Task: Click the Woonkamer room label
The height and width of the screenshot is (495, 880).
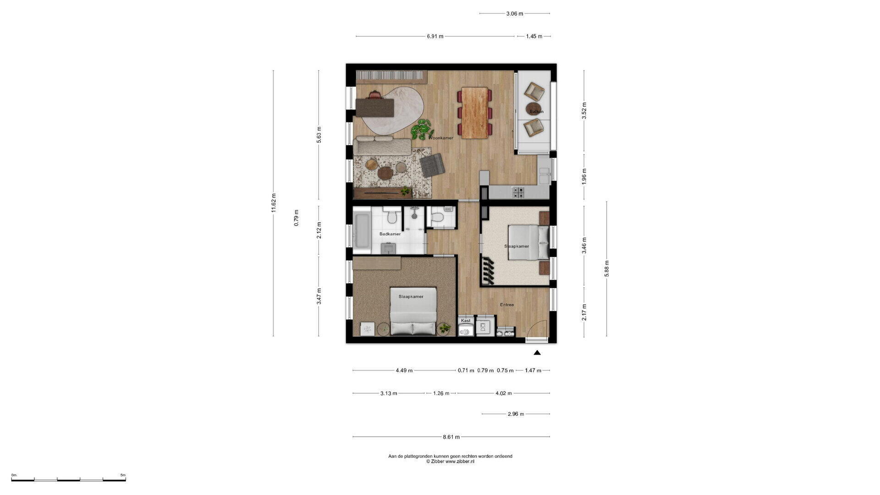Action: tap(441, 138)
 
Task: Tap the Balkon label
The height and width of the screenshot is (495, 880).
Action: tap(537, 112)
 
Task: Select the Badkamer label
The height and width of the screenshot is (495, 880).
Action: tap(390, 234)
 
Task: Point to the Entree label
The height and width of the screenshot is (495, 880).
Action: tap(507, 305)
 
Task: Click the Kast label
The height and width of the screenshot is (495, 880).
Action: tap(466, 321)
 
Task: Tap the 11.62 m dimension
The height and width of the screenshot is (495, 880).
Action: tap(274, 203)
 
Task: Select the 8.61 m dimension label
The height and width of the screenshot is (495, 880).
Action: tap(451, 437)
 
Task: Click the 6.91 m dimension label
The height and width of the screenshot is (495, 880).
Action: tap(435, 36)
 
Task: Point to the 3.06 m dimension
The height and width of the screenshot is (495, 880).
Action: tap(515, 14)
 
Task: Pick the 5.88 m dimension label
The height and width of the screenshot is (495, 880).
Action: tap(607, 268)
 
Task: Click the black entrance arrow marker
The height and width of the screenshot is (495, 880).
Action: tap(537, 352)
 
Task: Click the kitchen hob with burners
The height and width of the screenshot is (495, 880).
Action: tap(518, 192)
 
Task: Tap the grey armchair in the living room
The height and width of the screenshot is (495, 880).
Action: tap(432, 165)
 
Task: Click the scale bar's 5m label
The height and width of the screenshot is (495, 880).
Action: tap(123, 475)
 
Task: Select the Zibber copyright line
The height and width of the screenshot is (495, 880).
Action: tap(450, 462)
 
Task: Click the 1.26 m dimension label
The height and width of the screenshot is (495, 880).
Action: tap(441, 393)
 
